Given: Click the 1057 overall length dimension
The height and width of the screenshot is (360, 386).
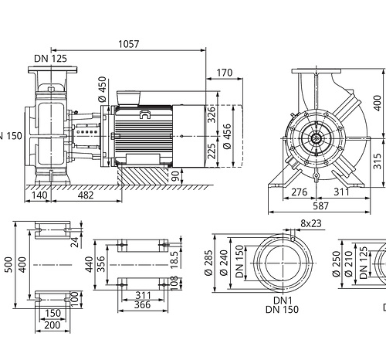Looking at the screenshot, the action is [x=128, y=44].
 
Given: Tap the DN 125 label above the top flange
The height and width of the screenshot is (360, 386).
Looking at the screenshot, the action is [x=50, y=59].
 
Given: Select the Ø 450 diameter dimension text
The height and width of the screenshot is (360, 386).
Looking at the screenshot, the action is [x=102, y=89].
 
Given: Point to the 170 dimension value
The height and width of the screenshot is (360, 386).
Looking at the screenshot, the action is [x=225, y=73].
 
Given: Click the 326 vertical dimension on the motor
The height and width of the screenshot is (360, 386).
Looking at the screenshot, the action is [x=212, y=114].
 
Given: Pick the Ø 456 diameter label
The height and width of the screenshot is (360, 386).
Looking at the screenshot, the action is [x=228, y=136].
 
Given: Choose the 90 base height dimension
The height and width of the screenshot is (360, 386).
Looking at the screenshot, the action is [x=175, y=176].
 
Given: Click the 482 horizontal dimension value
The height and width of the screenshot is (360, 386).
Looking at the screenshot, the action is [x=86, y=195].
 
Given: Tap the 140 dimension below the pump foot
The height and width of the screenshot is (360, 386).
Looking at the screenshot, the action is [x=39, y=195].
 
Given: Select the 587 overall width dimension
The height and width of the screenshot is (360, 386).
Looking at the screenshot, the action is [x=320, y=205].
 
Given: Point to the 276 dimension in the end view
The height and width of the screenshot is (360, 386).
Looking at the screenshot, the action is [x=299, y=192].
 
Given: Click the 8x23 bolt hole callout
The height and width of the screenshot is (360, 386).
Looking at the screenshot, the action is [x=311, y=223].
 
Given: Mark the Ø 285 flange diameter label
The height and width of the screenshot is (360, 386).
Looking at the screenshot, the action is [x=208, y=263].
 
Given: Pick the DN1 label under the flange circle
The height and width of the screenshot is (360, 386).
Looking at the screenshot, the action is [x=283, y=301].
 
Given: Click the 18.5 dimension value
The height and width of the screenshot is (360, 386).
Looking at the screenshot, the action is [x=174, y=260].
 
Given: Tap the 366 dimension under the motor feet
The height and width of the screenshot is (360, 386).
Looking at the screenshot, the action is [x=142, y=305].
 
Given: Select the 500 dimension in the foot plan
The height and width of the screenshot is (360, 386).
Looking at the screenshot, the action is [x=8, y=264].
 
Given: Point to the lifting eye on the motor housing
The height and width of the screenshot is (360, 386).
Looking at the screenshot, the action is [x=145, y=114].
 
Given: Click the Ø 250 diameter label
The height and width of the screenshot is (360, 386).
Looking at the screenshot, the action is [x=336, y=263].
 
